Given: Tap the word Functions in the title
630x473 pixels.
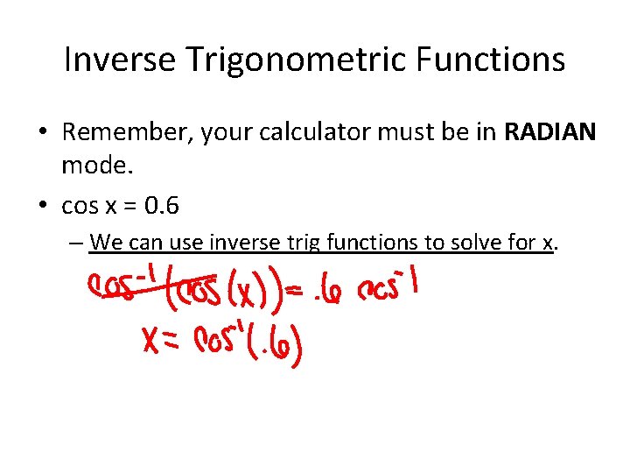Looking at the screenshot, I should (502, 60).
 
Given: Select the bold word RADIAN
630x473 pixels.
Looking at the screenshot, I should (550, 132).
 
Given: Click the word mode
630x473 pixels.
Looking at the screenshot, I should (92, 163).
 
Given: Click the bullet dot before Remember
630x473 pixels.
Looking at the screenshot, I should (43, 133).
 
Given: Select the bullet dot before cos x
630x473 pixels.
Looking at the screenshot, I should (43, 207).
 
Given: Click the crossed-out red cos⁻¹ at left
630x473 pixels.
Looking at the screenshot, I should (121, 286).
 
